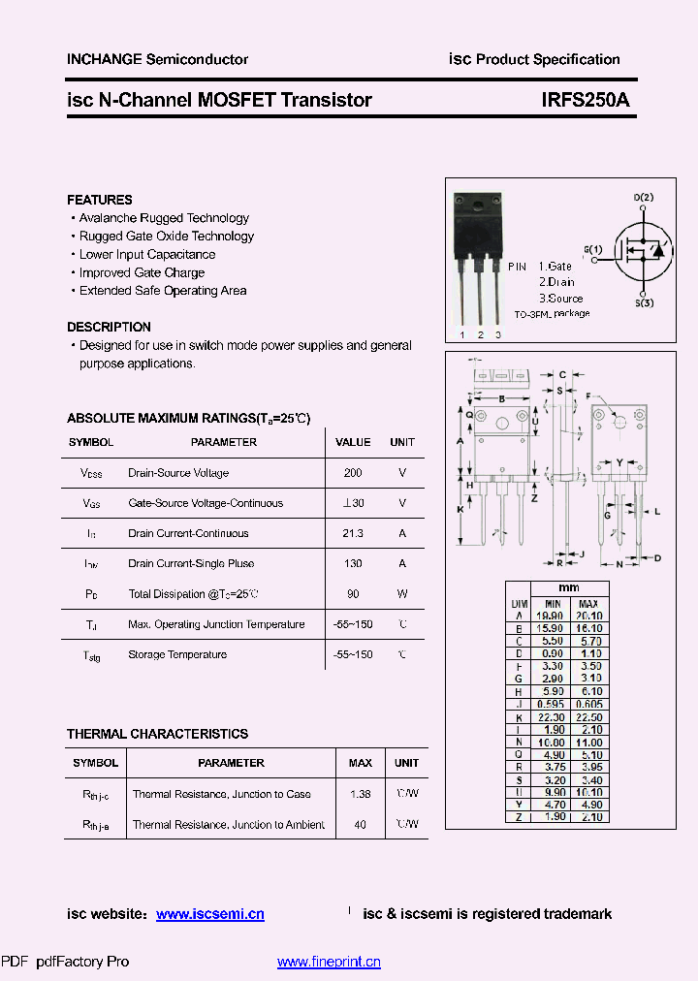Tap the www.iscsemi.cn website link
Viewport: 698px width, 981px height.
point(209,914)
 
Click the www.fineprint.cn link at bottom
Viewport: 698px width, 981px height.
point(329,962)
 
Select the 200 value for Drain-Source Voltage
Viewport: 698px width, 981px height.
point(353,473)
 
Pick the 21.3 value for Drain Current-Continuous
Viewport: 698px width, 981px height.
point(353,533)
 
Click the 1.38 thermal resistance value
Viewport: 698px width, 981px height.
point(361,794)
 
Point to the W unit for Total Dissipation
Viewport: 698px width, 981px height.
point(402,593)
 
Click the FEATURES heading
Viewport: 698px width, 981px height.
point(100,200)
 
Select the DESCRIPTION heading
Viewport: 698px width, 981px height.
point(109,327)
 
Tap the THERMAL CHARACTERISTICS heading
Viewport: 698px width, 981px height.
point(157,734)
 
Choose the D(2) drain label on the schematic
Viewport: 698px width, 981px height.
point(644,198)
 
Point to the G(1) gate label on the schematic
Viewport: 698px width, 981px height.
point(592,249)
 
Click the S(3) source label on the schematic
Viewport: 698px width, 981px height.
point(644,303)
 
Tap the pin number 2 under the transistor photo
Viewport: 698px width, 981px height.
point(480,334)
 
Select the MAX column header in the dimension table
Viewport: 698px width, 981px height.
point(588,603)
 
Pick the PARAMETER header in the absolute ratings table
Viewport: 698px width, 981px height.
point(224,442)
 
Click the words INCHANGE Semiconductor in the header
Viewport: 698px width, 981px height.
point(157,59)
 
